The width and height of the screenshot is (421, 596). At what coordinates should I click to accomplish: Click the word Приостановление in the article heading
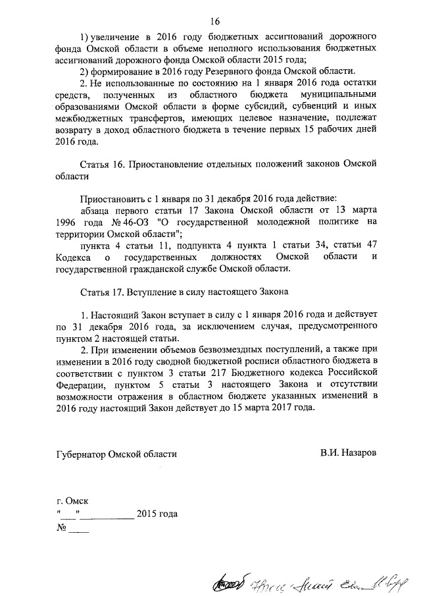coord(173,165)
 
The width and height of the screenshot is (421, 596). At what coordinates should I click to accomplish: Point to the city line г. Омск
coord(72,501)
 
